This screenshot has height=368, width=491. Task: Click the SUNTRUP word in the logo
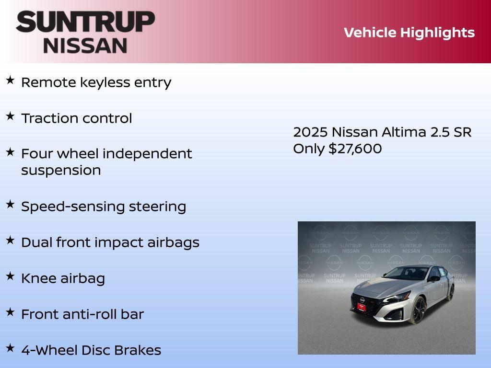point(85,22)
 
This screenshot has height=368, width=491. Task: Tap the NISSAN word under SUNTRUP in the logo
point(85,45)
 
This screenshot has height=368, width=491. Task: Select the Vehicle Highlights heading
point(409,33)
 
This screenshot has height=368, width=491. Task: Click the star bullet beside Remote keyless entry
point(10,80)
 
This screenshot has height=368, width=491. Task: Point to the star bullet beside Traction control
point(10,116)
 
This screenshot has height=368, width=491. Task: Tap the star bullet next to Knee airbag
point(10,276)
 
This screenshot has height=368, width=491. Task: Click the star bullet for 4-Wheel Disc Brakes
point(10,348)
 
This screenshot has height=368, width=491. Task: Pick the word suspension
point(61,171)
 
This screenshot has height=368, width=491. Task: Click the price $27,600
point(355,149)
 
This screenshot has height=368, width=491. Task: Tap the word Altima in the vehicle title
point(404,132)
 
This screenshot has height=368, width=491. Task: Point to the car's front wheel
point(418,310)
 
